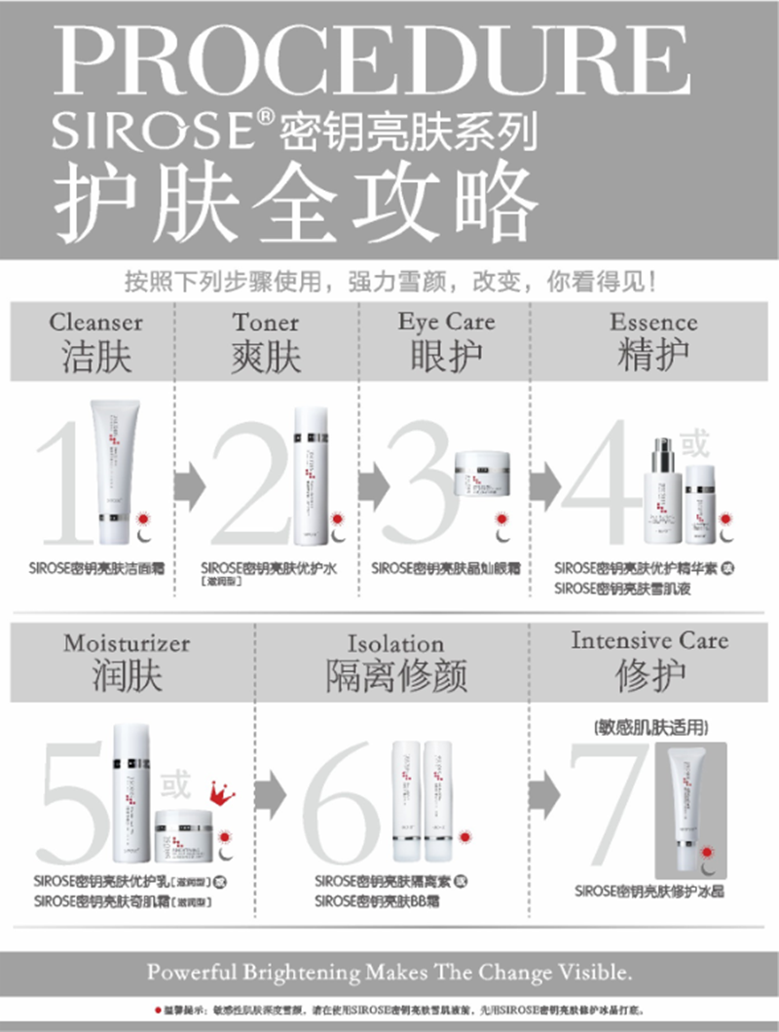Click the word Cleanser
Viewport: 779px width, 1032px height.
tap(95, 323)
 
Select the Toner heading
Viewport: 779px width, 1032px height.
tap(266, 322)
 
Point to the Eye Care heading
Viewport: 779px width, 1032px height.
tap(446, 323)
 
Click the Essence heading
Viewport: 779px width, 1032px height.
tap(653, 322)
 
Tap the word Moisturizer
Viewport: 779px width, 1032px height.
tap(128, 644)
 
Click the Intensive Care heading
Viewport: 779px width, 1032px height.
tap(649, 640)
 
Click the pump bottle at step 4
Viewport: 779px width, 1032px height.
tap(664, 492)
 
